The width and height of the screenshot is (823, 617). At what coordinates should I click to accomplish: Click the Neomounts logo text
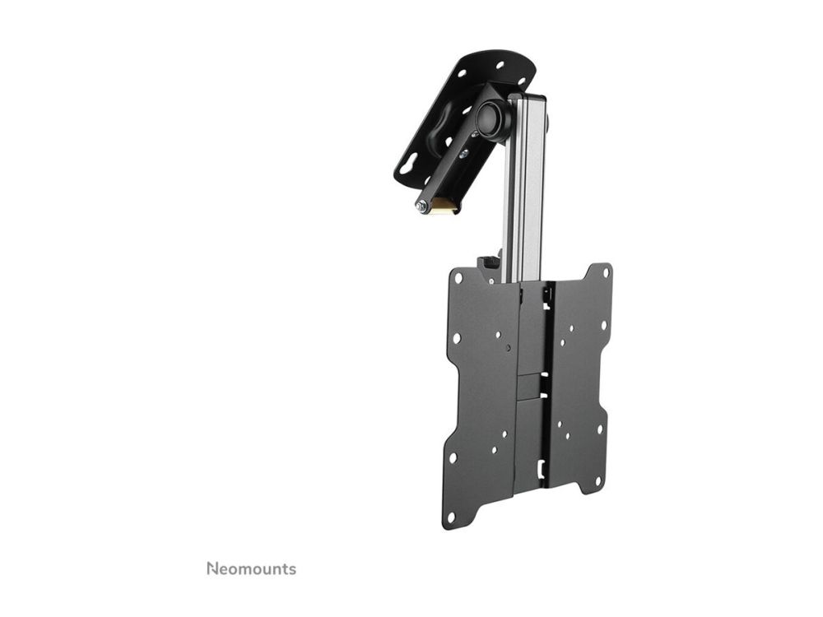click(x=251, y=568)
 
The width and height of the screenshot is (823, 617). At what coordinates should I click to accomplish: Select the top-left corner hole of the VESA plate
click(x=459, y=276)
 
